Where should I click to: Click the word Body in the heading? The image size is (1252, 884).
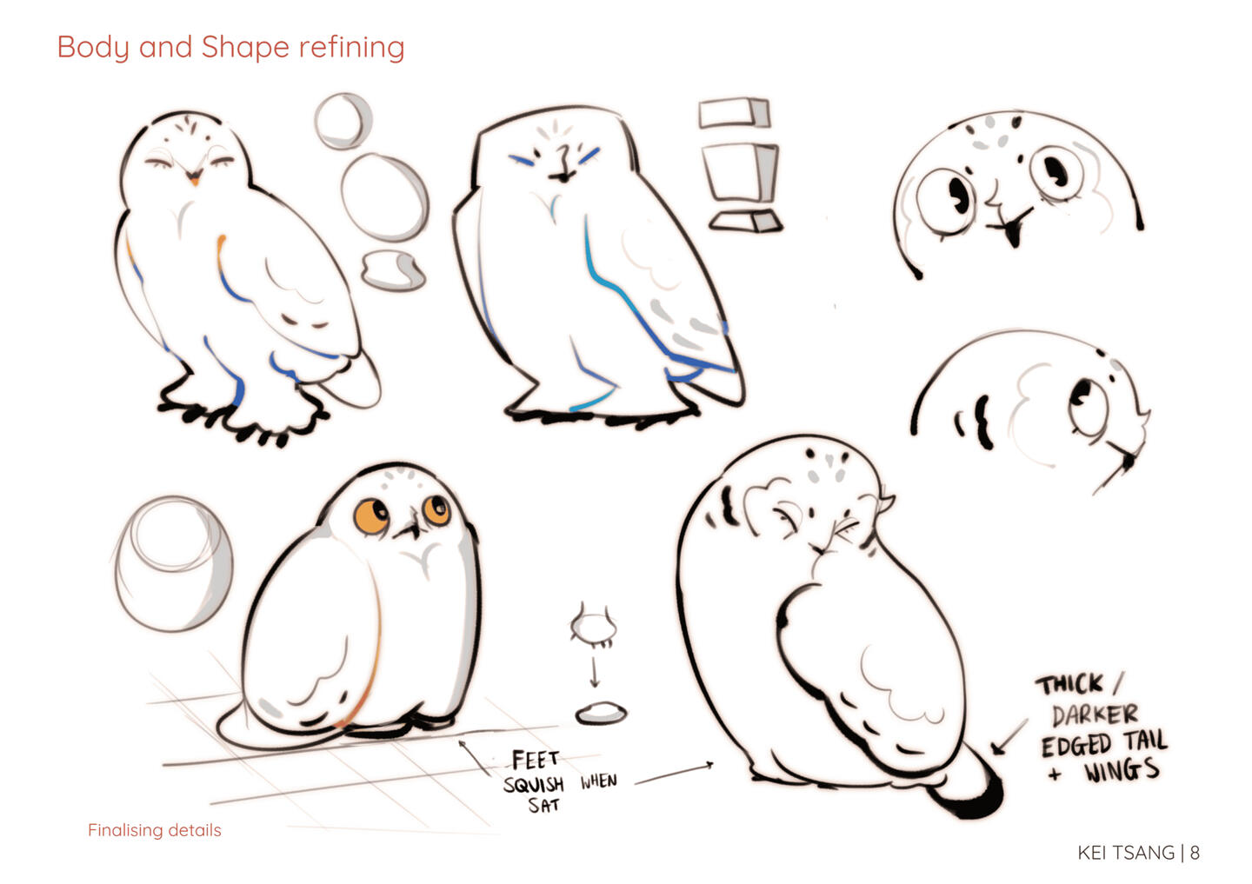click(x=93, y=48)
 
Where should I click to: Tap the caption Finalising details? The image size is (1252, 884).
click(x=154, y=830)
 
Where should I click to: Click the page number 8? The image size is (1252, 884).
click(x=1195, y=853)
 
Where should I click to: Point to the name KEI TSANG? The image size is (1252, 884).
click(x=1126, y=853)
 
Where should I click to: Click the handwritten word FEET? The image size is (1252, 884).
click(x=535, y=760)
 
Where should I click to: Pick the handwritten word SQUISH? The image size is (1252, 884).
click(x=534, y=784)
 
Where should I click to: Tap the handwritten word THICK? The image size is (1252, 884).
click(x=1069, y=685)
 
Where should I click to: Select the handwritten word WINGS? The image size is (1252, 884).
click(x=1122, y=771)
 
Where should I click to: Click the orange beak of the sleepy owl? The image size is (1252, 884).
click(x=194, y=180)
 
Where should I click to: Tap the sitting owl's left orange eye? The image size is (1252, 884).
click(x=371, y=516)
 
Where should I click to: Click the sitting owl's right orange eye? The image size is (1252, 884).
click(x=436, y=509)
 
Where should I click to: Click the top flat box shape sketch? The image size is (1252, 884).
click(x=735, y=113)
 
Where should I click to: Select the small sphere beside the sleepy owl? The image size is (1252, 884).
click(x=343, y=122)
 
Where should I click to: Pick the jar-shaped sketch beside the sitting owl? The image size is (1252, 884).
click(x=174, y=563)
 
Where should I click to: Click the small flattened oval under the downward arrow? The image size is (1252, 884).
click(x=602, y=713)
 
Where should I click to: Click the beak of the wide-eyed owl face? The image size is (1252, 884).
click(x=1012, y=231)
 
